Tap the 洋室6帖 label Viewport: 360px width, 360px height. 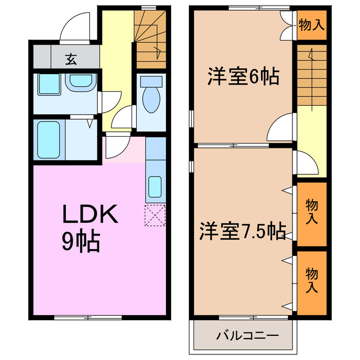point(243,76)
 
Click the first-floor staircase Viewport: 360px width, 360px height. point(150,38)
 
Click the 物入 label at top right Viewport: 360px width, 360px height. point(311,25)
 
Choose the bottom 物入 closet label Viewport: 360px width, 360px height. point(311,280)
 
